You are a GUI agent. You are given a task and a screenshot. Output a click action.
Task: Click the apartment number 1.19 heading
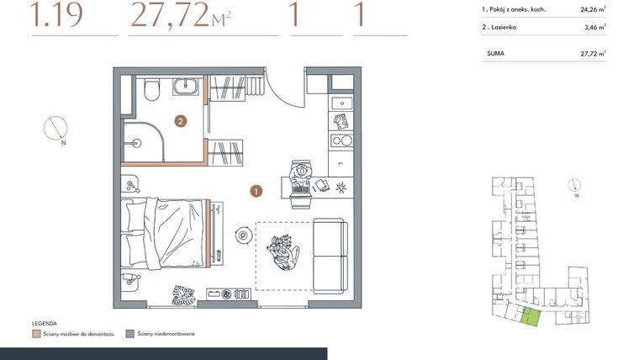point(56,16)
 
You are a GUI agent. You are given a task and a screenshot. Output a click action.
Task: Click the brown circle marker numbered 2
point(180,121)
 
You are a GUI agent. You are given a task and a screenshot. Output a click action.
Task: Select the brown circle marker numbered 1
point(256,191)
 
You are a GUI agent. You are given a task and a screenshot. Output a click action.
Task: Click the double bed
point(166,232)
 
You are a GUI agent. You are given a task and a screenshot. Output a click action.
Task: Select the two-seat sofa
point(329,255)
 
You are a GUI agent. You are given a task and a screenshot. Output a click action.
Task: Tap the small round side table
point(243,236)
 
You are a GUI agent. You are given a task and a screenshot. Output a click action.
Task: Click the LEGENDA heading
point(44,323)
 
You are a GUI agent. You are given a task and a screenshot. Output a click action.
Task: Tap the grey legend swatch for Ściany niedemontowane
point(129,334)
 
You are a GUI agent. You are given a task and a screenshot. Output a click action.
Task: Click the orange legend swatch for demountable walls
point(36,334)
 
